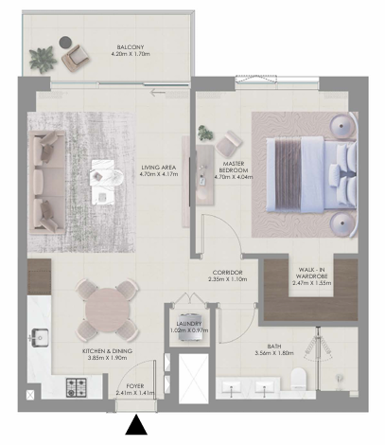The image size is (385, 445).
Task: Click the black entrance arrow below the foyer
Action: coord(136,425)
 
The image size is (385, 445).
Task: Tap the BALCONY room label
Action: coord(131,47)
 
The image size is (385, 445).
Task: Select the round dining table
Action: coord(107,310)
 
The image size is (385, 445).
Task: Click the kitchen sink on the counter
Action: coord(39,337)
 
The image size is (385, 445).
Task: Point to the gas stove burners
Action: coord(77,387)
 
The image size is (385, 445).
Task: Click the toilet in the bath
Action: coord(298,379)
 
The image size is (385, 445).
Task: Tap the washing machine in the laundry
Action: coord(189,327)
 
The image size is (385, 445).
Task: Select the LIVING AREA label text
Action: coord(159,168)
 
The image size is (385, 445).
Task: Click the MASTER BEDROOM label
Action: coord(234,167)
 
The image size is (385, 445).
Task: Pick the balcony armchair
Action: coord(76,59)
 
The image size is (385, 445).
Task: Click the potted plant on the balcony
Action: coord(43,60)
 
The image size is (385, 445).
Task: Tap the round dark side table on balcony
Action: coord(65,43)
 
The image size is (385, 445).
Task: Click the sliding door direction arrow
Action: coord(158,93)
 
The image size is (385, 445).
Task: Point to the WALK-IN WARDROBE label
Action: coord(311,273)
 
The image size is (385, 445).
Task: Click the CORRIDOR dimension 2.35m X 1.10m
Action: coord(228,279)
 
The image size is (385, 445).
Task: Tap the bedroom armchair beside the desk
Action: coord(229,144)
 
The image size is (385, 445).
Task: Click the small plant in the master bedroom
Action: coord(205,133)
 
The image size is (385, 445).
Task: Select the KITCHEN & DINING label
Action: coord(107,351)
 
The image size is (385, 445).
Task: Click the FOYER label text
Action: coord(135,386)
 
